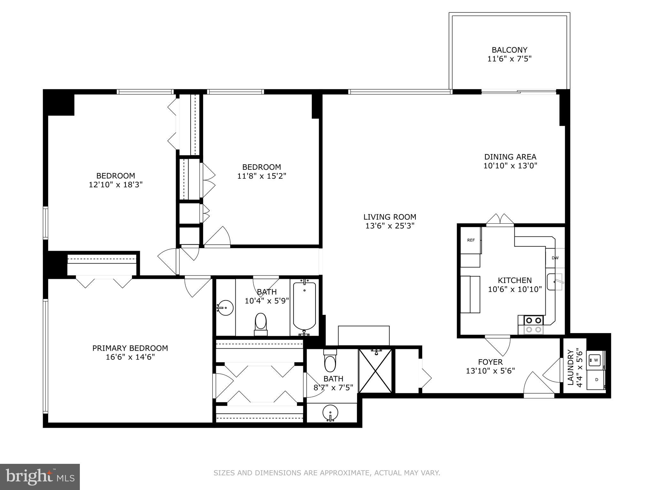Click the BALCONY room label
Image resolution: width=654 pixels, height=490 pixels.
[x=509, y=50]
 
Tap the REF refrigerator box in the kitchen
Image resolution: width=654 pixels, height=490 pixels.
[x=471, y=241]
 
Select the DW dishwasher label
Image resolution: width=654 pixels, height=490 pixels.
[x=555, y=258]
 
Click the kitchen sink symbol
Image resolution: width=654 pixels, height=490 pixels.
[x=555, y=282]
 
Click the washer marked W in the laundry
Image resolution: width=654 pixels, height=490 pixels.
[x=595, y=360]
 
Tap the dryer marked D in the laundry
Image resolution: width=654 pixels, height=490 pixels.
[x=596, y=380]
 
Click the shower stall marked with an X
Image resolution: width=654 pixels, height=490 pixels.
[x=375, y=371]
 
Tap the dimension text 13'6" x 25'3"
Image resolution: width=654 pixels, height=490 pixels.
[x=390, y=226]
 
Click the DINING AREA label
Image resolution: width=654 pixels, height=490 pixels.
[x=510, y=157]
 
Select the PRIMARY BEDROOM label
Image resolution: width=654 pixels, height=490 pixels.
[x=130, y=348]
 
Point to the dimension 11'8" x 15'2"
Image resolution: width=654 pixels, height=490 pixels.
[x=262, y=176]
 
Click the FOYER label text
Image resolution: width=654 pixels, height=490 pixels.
[x=490, y=362]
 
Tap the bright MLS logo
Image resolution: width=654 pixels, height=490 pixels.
[x=40, y=477]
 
